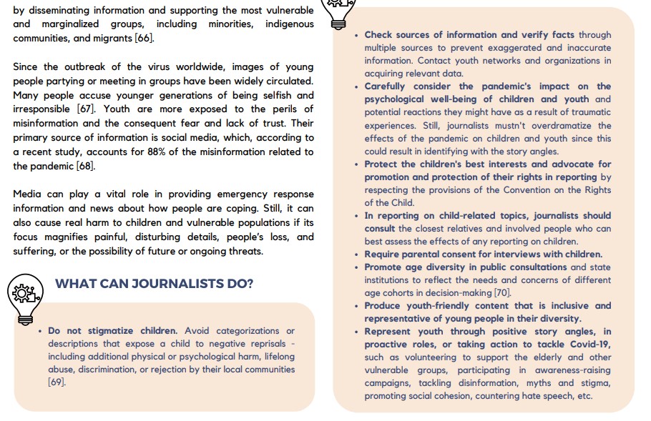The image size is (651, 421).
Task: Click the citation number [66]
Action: click(144, 38)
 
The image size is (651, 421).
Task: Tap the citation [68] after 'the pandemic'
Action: click(84, 166)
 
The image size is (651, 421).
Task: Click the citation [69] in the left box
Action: click(57, 382)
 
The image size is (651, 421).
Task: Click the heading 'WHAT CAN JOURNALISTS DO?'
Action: click(154, 284)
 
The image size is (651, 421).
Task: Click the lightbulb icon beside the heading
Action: click(26, 295)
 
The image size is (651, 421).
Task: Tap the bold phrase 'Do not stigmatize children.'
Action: click(112, 331)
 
